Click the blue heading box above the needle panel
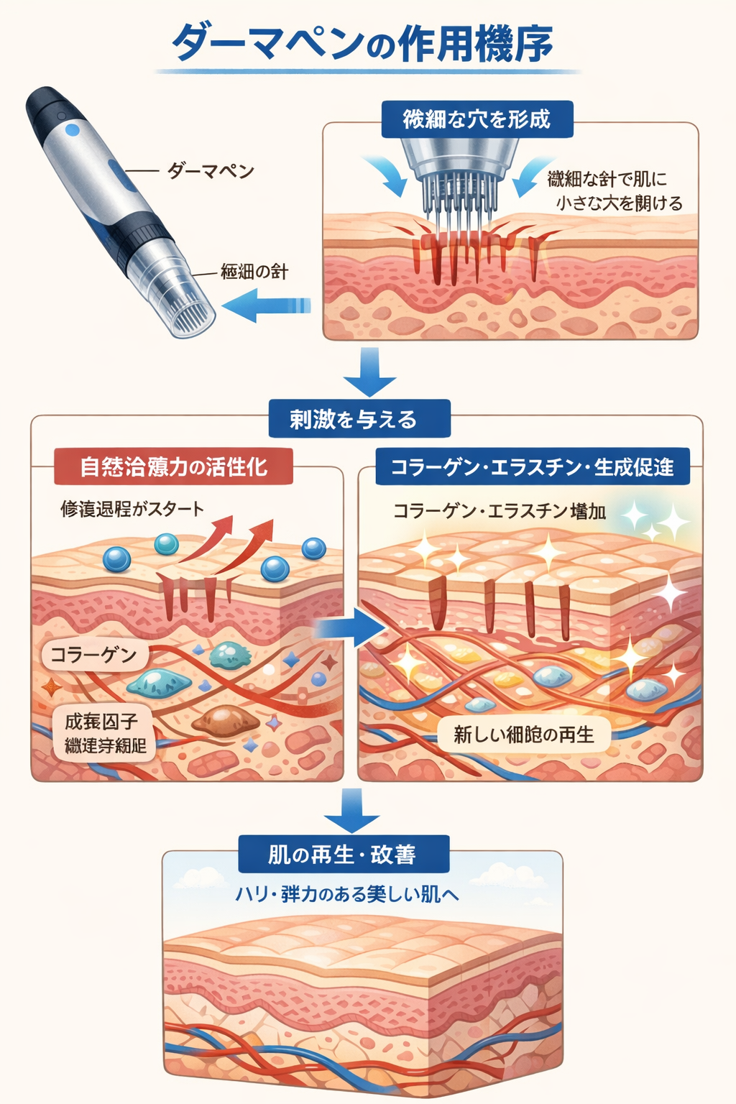tap(477, 119)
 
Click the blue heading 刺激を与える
tap(359, 419)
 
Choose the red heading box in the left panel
tap(173, 466)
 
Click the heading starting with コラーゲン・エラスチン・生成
tap(532, 467)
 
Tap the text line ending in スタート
tap(132, 509)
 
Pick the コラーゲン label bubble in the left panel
tap(94, 655)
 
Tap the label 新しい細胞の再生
tap(524, 735)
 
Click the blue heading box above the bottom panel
tap(343, 854)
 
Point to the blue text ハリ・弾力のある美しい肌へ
tap(347, 894)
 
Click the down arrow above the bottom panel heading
tap(351, 811)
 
